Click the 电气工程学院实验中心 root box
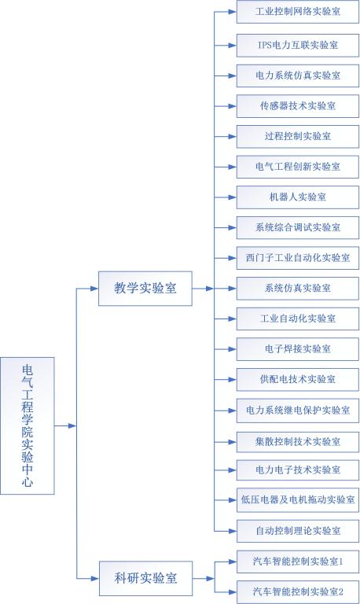[28, 425]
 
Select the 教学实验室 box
[145, 289]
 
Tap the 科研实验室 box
[145, 578]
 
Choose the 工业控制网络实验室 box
[298, 12]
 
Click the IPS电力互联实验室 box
[298, 46]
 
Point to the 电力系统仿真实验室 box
[298, 75]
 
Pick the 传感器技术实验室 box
[298, 106]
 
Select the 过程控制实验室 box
[298, 136]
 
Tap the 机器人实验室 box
[298, 197]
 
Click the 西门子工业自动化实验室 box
[298, 258]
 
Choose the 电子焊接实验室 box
[298, 349]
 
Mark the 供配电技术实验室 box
[298, 380]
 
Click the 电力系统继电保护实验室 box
[298, 411]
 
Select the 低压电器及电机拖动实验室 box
[298, 500]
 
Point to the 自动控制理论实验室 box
[298, 531]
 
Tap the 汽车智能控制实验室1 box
[298, 562]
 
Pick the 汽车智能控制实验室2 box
[298, 591]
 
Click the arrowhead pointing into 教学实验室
[94, 289]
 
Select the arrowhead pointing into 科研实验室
[95, 578]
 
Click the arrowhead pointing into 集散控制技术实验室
[232, 442]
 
